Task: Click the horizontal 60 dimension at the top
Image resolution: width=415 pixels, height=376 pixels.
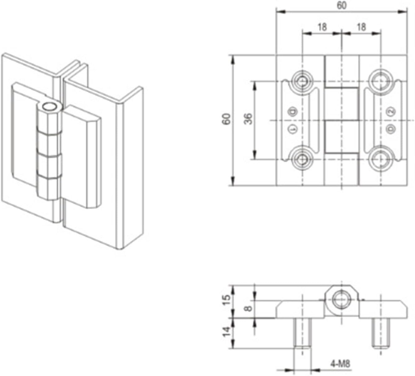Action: pos(342,6)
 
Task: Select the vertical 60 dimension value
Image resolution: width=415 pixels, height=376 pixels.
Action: pos(226,119)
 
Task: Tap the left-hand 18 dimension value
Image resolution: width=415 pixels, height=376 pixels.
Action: pos(322,27)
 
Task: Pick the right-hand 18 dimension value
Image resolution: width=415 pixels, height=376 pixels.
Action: pos(361,27)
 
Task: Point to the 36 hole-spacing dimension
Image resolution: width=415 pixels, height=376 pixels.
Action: pos(248,119)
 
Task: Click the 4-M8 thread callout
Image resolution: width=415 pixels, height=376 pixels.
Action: pos(340,364)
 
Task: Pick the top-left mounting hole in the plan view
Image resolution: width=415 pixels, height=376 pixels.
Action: pos(302,81)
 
